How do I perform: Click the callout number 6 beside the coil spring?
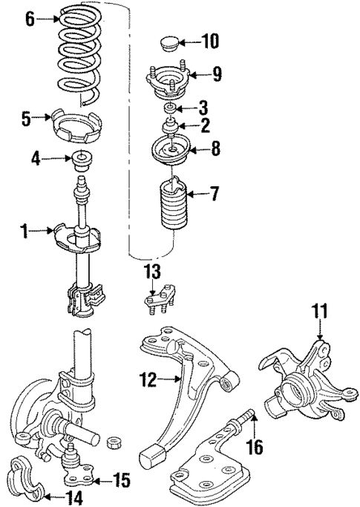pyautogui.click(x=30, y=20)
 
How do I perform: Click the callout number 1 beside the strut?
pyautogui.click(x=24, y=232)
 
